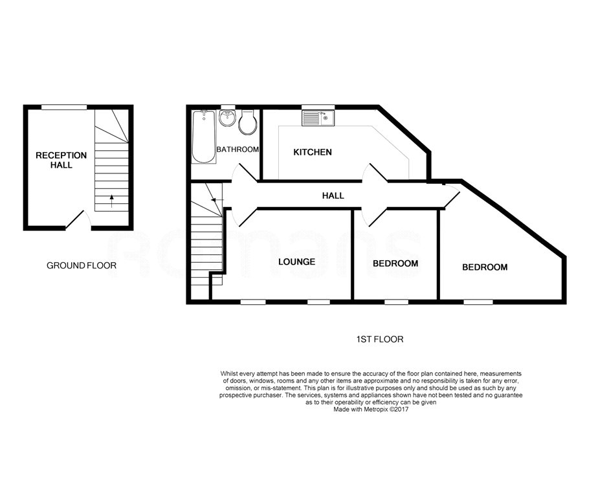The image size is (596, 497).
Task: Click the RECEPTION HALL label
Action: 61,160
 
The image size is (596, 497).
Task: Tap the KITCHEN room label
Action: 313,152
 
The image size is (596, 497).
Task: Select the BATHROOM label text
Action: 237,149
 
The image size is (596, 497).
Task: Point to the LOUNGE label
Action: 296,262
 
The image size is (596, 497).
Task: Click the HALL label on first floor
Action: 333,195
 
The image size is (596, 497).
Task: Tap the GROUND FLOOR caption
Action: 82,265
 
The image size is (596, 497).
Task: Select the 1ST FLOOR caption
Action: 380,339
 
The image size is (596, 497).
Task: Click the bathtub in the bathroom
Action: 203,137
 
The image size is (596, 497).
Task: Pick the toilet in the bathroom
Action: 247,123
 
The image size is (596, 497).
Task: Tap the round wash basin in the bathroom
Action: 227,119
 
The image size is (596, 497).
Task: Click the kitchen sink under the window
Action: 318,118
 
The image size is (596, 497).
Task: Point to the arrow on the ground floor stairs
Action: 111,200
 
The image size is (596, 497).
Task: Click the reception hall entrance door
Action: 78,220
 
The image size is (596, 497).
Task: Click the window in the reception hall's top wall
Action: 64,107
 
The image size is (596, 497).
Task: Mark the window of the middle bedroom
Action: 395,301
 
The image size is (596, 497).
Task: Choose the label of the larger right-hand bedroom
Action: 484,267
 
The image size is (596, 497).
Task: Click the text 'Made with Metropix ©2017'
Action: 371,410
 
